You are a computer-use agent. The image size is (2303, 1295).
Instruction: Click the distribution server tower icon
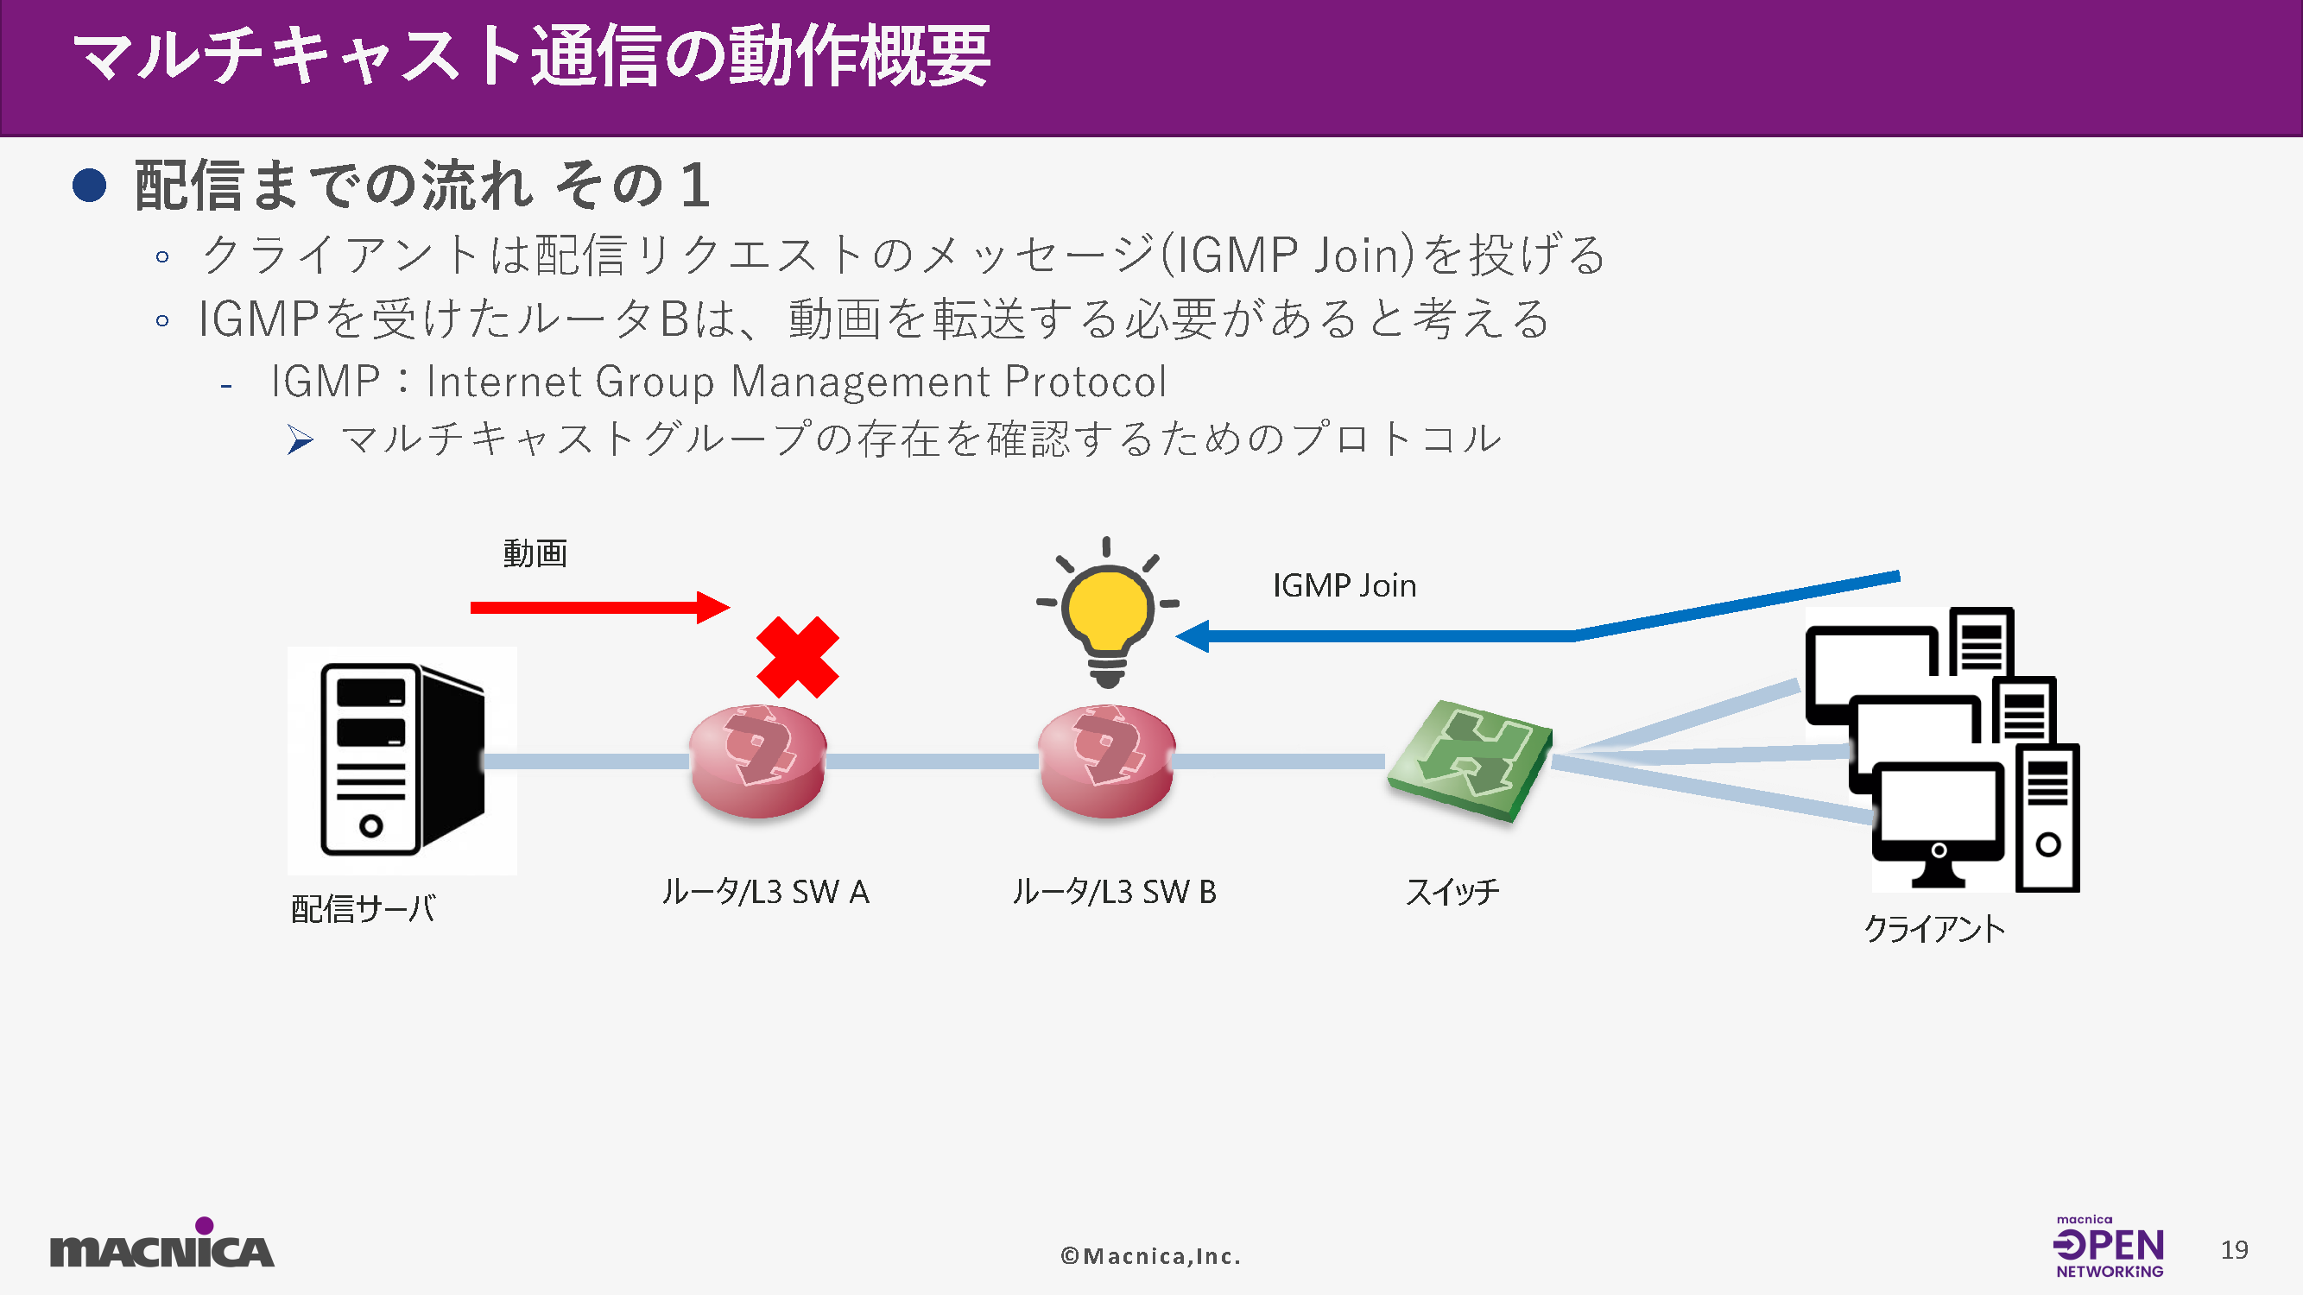402,760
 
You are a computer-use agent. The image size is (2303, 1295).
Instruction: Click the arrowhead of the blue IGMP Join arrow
1193,636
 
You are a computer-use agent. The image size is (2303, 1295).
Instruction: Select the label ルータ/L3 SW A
765,892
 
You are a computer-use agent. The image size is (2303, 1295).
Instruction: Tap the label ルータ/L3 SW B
1114,892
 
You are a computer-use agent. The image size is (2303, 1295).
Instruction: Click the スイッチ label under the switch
1452,892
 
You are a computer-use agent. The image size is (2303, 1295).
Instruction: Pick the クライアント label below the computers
1933,930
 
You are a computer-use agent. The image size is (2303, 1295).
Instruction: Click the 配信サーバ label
363,910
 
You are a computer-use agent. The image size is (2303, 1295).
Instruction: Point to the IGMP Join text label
1344,586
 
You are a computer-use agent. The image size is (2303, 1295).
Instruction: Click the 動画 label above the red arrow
535,554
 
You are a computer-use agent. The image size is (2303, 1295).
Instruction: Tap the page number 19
2233,1249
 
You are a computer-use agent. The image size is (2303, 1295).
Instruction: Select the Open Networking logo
2108,1247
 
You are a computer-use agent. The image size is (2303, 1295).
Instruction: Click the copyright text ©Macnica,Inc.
1150,1255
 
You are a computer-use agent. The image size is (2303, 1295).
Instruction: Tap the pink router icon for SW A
757,761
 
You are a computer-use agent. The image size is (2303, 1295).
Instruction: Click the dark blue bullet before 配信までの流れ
90,186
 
